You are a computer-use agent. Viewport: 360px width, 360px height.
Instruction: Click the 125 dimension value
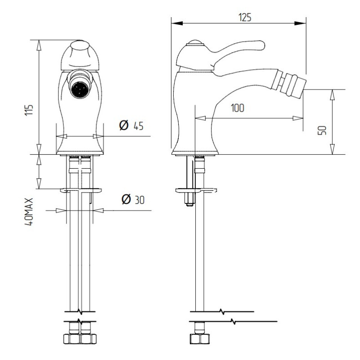coord(245,18)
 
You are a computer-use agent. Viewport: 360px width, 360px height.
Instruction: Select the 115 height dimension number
coord(29,110)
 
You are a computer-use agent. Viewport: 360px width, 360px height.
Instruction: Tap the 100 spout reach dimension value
coord(238,108)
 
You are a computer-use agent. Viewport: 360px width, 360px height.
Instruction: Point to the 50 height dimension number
coord(322,130)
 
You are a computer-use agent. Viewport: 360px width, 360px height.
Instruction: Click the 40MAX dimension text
coord(29,212)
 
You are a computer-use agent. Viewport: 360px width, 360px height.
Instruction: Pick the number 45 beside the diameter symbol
coord(139,126)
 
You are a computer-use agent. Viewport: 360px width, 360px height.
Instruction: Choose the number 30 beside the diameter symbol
coord(139,200)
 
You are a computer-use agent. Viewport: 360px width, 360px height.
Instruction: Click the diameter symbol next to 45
coord(124,126)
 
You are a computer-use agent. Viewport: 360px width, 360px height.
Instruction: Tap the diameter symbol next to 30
coord(126,199)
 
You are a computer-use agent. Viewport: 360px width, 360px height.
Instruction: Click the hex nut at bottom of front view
coord(80,339)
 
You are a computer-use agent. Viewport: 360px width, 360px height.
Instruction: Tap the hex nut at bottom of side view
coord(200,339)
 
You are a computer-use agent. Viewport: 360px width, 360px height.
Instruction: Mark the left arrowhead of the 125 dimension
coord(177,23)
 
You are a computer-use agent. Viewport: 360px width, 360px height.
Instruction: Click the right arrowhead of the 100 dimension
coord(298,118)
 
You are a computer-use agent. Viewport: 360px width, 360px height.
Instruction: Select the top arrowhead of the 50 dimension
coord(332,94)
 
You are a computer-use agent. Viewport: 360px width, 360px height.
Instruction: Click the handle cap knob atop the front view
coord(80,46)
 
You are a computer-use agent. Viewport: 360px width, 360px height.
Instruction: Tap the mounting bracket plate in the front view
coord(81,190)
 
